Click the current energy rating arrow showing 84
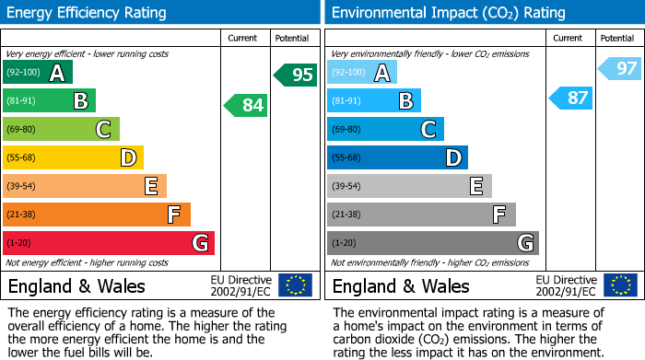(246, 105)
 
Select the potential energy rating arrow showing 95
(296, 75)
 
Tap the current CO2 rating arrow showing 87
(570, 98)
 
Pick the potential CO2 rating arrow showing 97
(620, 68)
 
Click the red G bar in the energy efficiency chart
(109, 243)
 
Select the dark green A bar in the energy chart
(38, 73)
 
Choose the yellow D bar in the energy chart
(74, 158)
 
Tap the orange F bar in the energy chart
(97, 215)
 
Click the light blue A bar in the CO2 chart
(362, 73)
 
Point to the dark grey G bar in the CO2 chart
(432, 243)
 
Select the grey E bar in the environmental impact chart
(409, 186)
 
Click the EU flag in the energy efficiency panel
(295, 285)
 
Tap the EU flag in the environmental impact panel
(620, 285)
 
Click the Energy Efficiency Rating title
(88, 13)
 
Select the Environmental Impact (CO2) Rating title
(448, 13)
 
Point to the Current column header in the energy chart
(244, 38)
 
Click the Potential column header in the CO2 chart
(617, 38)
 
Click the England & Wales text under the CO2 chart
(401, 285)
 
